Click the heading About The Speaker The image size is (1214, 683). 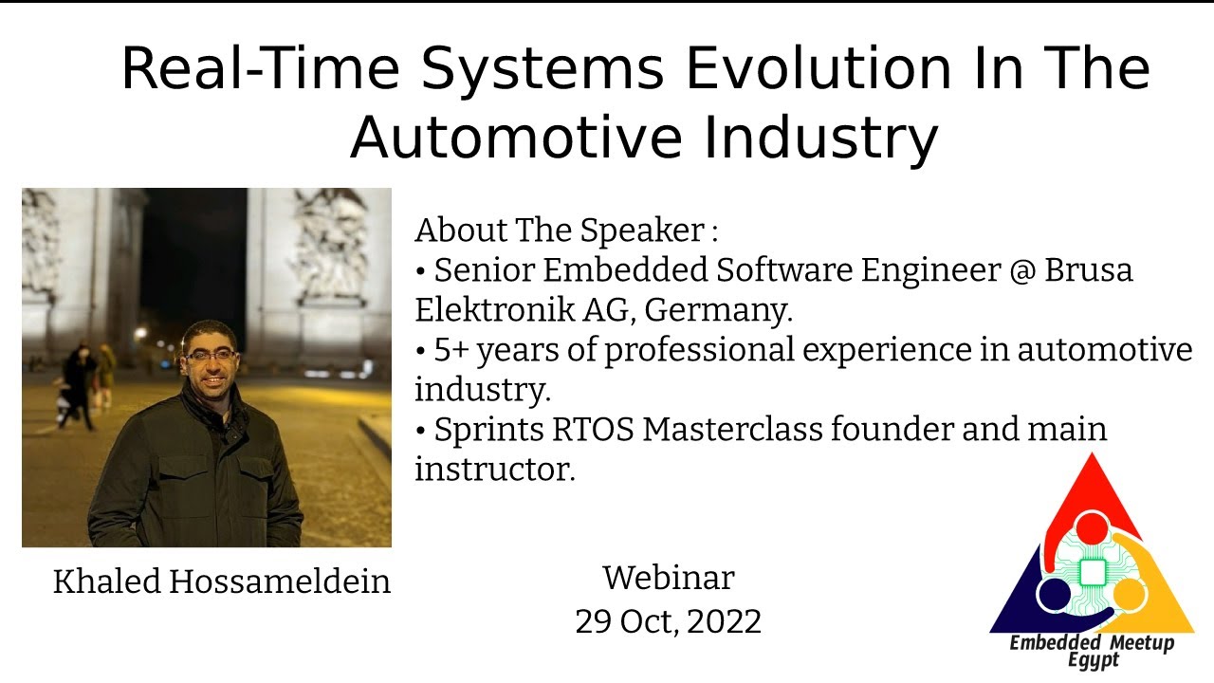(565, 230)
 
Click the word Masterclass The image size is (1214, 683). (731, 429)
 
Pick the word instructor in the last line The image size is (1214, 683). (494, 469)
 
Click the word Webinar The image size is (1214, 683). (668, 577)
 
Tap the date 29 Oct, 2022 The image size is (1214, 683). (668, 621)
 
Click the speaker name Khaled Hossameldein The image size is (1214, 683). (222, 581)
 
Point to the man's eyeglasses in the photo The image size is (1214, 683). (211, 356)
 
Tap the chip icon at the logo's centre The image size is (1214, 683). (1093, 571)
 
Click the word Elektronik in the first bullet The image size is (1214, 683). (492, 310)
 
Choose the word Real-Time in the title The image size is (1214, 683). (263, 68)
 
